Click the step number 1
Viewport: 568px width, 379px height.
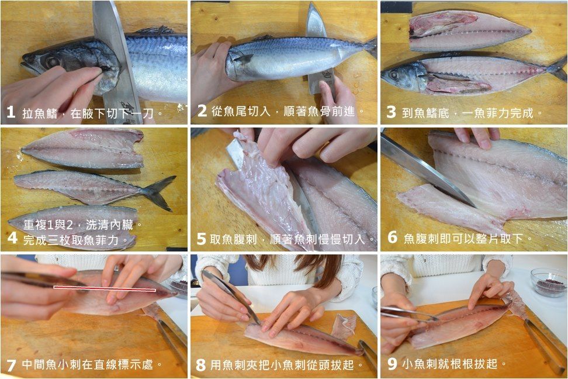click(x=11, y=112)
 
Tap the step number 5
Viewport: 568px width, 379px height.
click(x=201, y=239)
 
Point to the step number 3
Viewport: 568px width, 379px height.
click(x=391, y=112)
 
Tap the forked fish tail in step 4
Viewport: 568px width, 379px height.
click(x=159, y=192)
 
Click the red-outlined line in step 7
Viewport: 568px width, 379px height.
click(x=105, y=289)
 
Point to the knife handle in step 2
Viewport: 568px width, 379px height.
click(x=321, y=81)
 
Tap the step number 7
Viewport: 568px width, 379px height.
click(x=11, y=364)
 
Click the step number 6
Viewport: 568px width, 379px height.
click(x=392, y=237)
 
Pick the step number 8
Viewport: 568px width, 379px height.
click(x=200, y=364)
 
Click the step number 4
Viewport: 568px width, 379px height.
click(x=12, y=238)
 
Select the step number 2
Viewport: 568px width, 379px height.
click(x=202, y=111)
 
